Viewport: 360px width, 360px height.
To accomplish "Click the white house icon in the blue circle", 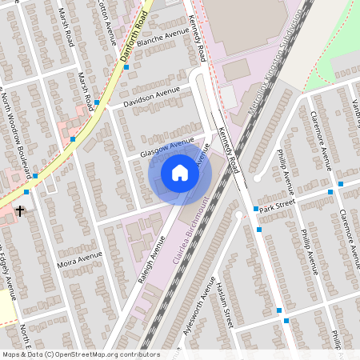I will coord(180,173).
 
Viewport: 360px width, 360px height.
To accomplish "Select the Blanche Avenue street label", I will coord(162,38).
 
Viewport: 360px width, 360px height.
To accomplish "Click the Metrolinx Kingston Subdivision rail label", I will coord(276,68).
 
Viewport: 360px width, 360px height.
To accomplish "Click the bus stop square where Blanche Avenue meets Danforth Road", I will coord(126,67).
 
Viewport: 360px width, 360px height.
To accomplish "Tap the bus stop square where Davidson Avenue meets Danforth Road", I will coord(97,102).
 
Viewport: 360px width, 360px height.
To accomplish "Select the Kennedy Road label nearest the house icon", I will coord(227,153).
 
